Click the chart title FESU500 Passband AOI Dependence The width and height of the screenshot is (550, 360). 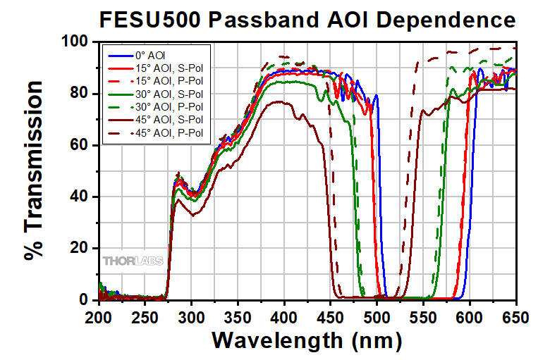tap(307, 19)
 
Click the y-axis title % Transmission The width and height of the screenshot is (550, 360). tap(35, 171)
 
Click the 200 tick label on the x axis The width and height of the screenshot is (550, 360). tap(99, 317)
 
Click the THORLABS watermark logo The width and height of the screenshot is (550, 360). tap(134, 261)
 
